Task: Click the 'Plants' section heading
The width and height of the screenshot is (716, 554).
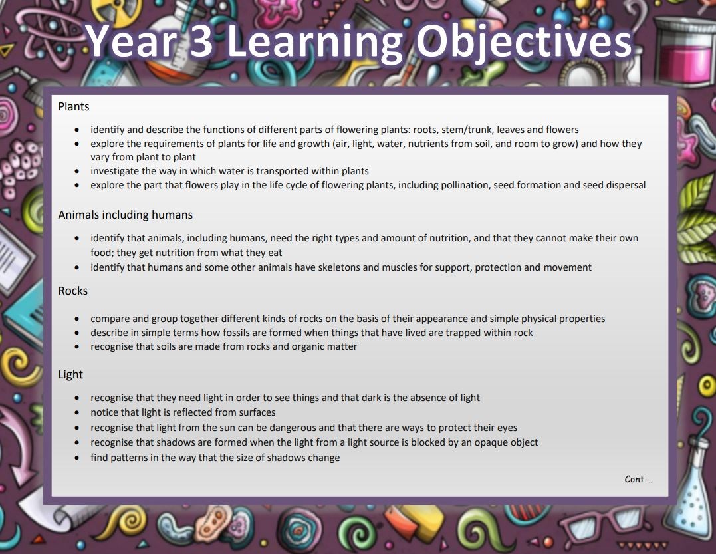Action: [74, 106]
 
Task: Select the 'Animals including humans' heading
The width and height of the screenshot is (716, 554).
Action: [125, 215]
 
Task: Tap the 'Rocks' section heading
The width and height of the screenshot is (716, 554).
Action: [72, 291]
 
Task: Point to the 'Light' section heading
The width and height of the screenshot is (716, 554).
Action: [70, 374]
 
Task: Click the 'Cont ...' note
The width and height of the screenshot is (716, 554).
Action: [638, 479]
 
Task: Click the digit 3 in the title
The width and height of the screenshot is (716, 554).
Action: [201, 41]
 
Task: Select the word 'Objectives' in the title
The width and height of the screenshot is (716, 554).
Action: [524, 42]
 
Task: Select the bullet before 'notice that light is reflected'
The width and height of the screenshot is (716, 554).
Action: [76, 412]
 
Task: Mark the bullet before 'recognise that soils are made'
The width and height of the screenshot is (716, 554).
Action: [76, 346]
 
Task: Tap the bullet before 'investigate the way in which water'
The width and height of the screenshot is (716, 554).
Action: [76, 172]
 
